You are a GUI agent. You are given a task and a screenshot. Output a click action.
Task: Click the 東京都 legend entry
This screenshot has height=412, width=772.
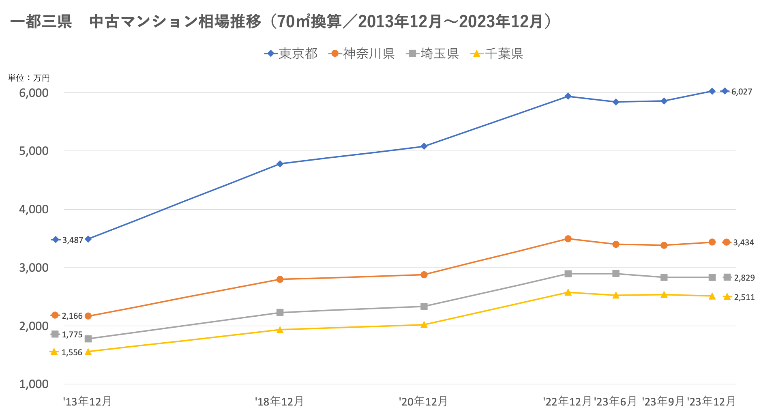[x=291, y=54]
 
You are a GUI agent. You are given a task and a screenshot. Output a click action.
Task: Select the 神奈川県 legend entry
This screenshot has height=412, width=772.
[x=362, y=54]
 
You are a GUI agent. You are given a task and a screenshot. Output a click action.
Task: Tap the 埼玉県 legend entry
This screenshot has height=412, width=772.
[x=433, y=54]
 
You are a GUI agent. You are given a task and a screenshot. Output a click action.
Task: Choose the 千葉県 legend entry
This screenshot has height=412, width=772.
[x=497, y=54]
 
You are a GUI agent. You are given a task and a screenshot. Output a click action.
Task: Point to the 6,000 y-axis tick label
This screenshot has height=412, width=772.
[x=34, y=93]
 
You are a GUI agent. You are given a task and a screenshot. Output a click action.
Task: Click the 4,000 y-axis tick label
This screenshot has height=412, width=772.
[x=34, y=210]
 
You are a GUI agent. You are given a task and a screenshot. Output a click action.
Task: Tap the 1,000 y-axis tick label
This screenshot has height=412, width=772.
[x=34, y=384]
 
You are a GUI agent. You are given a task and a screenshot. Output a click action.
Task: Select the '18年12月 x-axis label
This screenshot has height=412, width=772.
[x=279, y=401]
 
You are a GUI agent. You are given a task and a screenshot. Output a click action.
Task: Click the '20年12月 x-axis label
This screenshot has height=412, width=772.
[x=423, y=401]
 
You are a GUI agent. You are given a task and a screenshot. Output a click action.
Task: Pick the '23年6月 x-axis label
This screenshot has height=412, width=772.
[x=615, y=401]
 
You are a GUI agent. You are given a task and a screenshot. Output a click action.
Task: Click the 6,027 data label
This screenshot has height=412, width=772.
[x=742, y=92]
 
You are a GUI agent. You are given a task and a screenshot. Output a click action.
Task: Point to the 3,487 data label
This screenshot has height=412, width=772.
[x=73, y=240]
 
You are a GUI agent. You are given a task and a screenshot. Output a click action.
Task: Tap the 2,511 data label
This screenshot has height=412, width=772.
[x=744, y=297]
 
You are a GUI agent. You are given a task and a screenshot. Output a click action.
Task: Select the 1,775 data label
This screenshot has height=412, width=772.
[x=72, y=335]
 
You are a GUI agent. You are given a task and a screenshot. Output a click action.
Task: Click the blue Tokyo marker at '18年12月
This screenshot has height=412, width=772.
[x=280, y=164]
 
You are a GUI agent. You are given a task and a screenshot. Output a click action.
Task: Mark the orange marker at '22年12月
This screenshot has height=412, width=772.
[x=568, y=239]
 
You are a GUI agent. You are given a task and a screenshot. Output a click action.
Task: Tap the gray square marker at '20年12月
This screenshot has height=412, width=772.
[x=424, y=307]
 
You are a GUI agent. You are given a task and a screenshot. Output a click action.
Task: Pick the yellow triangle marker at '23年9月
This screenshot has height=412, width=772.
[x=664, y=295]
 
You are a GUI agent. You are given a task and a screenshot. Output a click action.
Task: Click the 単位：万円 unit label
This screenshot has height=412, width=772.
[x=29, y=78]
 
